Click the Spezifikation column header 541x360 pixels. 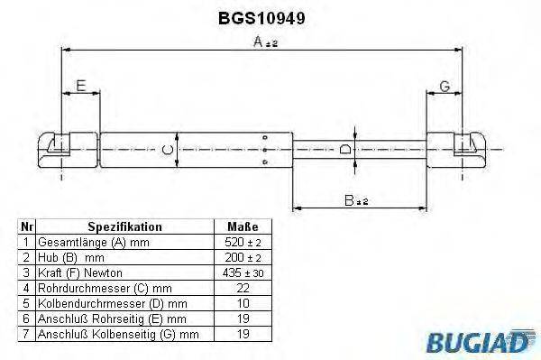124,227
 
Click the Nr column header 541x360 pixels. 26,227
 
